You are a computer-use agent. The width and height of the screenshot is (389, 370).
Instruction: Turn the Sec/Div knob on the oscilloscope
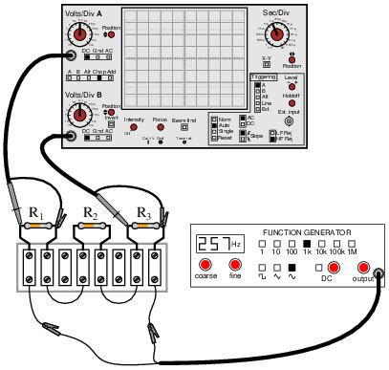pyautogui.click(x=276, y=33)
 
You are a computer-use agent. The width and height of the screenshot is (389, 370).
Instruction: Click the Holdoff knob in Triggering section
pyautogui.click(x=292, y=102)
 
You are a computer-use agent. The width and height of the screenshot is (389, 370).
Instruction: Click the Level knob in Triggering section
pyautogui.click(x=292, y=84)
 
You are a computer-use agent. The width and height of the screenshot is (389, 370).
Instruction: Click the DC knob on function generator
pyautogui.click(x=334, y=267)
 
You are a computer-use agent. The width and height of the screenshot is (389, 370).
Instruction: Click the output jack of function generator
pyautogui.click(x=363, y=267)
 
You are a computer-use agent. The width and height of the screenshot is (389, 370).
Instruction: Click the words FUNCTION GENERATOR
pyautogui.click(x=306, y=232)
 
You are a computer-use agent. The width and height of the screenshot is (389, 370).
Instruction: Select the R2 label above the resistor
pyautogui.click(x=92, y=212)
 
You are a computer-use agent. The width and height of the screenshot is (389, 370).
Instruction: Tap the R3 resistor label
pyautogui.click(x=144, y=212)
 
